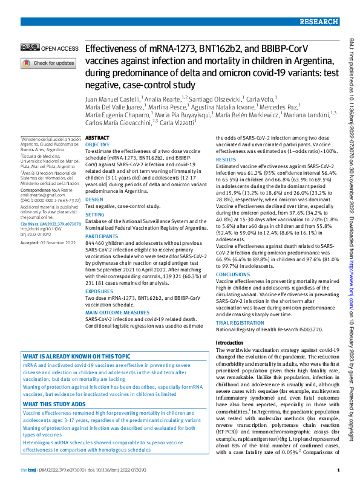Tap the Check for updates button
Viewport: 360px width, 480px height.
48,63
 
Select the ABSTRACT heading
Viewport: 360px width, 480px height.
98,138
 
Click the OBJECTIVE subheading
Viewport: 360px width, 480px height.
98,145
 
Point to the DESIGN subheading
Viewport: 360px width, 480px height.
94,199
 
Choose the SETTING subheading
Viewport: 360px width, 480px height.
96,214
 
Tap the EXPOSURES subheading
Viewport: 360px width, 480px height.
99,291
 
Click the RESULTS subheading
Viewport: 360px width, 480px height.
226,160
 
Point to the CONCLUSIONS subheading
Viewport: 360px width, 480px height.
232,273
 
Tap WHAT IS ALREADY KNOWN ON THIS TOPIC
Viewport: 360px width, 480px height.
76,357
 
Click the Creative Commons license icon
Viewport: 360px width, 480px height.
28,48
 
